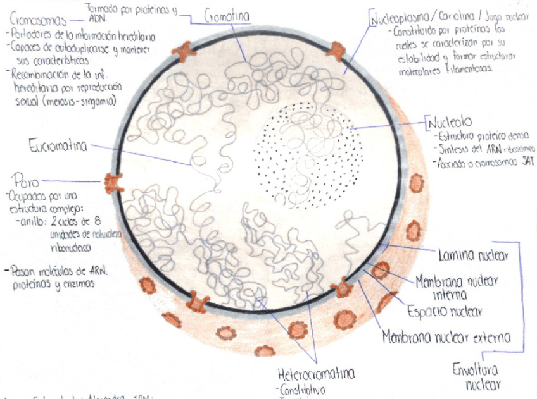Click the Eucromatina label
tap(58, 147)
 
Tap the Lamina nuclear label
tap(473, 255)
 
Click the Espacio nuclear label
tap(445, 310)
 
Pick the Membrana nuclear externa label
tap(446, 337)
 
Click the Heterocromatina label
tap(317, 372)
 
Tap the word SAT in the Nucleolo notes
tap(523, 162)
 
